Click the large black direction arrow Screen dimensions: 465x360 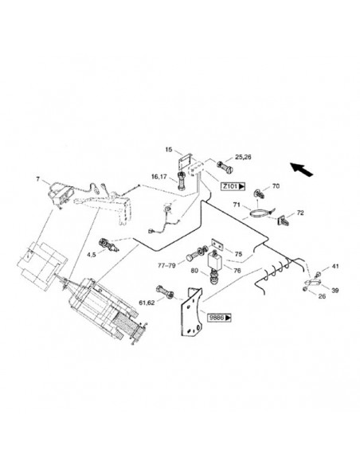click(x=301, y=169)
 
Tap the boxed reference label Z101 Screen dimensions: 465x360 click(x=232, y=186)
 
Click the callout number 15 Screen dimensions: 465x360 click(x=168, y=149)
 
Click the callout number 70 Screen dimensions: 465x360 click(x=276, y=186)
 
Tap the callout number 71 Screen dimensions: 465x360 click(x=237, y=205)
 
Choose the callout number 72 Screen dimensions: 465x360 click(x=301, y=213)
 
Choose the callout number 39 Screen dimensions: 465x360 click(x=335, y=290)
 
